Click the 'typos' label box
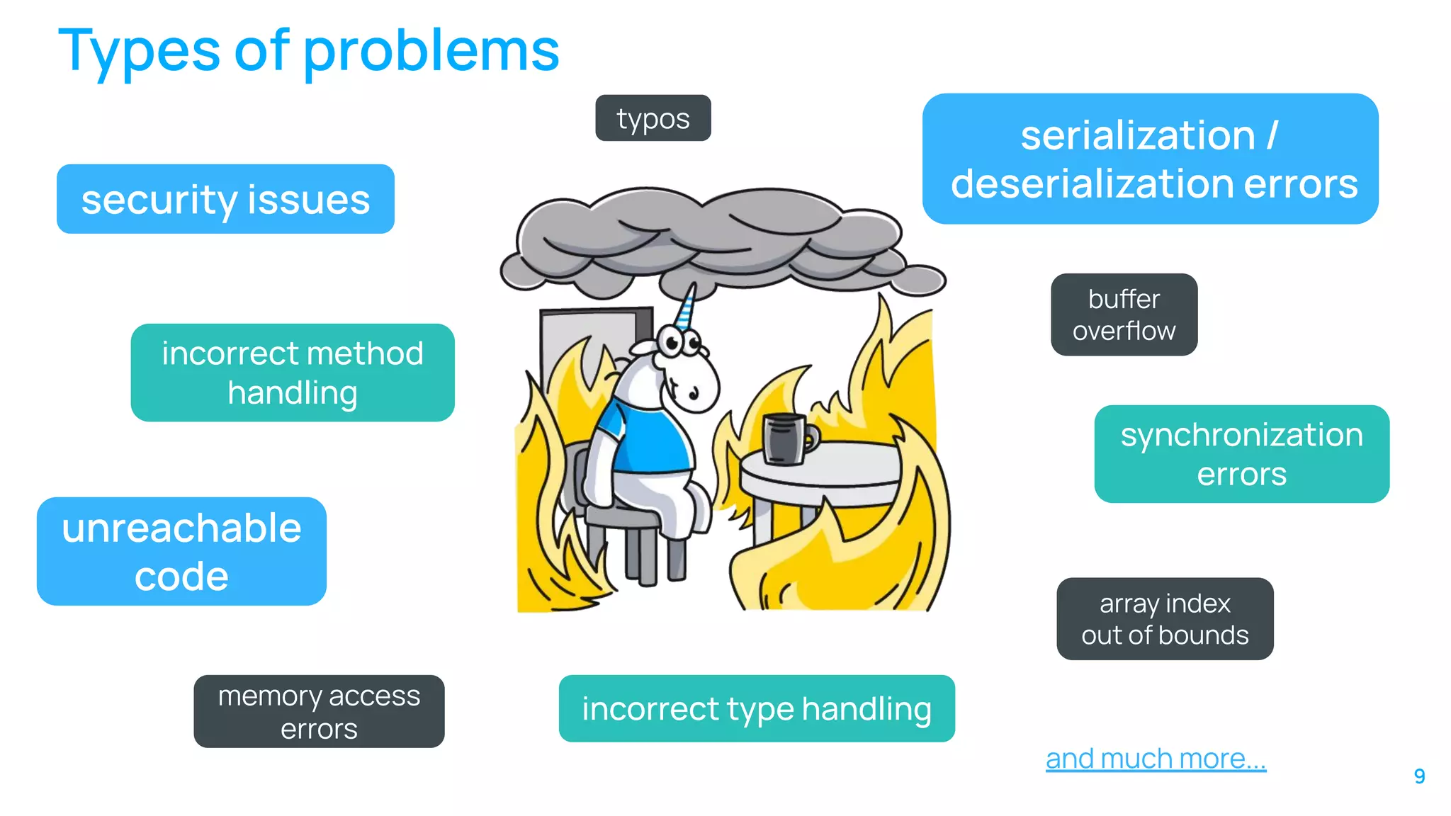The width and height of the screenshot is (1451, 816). point(653,118)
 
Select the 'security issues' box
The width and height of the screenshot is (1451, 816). point(225,199)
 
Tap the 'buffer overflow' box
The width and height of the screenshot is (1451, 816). point(1124,314)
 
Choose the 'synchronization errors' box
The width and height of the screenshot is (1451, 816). point(1241,454)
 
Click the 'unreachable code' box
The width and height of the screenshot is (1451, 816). point(181,551)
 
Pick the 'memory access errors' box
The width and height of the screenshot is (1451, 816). point(319,711)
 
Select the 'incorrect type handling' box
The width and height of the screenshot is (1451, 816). point(757,708)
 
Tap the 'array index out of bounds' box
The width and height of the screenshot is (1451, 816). point(1165,618)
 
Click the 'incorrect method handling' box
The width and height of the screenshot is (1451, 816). point(293,373)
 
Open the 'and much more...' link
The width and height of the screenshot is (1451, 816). point(1156,759)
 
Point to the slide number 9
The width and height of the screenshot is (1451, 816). point(1419,776)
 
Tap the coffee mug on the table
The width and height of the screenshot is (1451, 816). point(785,438)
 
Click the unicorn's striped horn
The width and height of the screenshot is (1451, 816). point(686,307)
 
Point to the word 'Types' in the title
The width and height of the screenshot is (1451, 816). point(139,51)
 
